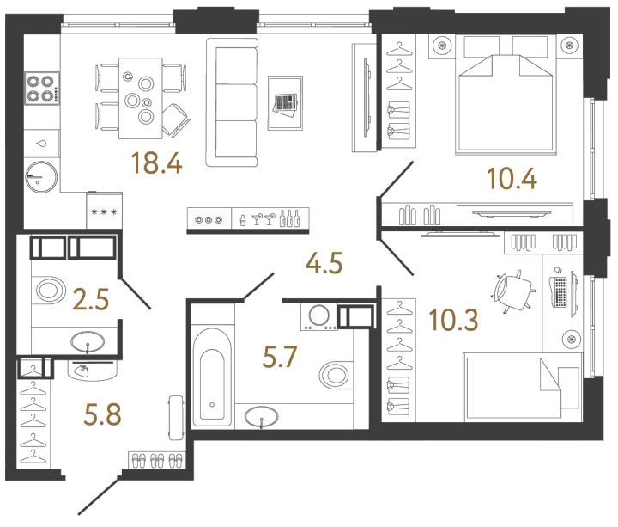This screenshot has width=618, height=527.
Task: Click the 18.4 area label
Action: [x=156, y=162]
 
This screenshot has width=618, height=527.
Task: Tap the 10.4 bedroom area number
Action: [x=512, y=179]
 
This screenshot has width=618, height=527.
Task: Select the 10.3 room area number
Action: [x=454, y=319]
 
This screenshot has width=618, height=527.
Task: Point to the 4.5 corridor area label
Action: [x=324, y=263]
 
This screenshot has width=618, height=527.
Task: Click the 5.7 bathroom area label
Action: [x=280, y=357]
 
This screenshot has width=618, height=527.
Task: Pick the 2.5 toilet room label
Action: [x=91, y=299]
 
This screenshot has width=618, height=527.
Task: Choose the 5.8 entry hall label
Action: [x=102, y=414]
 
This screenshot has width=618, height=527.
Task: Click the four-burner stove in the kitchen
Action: [x=42, y=88]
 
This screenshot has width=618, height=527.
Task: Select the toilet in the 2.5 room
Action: [x=50, y=290]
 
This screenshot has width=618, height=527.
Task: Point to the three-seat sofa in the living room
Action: [x=232, y=102]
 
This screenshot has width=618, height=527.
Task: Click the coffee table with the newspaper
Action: [x=285, y=103]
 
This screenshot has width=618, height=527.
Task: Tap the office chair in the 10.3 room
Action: [x=513, y=291]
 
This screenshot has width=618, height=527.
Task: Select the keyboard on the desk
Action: [x=559, y=292]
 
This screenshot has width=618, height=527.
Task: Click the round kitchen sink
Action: [x=41, y=177]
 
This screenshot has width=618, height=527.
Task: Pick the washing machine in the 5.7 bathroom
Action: [x=318, y=316]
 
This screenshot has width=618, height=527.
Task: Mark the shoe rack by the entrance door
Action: [x=157, y=460]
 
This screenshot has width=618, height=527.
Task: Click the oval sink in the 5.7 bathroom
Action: [x=261, y=417]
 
